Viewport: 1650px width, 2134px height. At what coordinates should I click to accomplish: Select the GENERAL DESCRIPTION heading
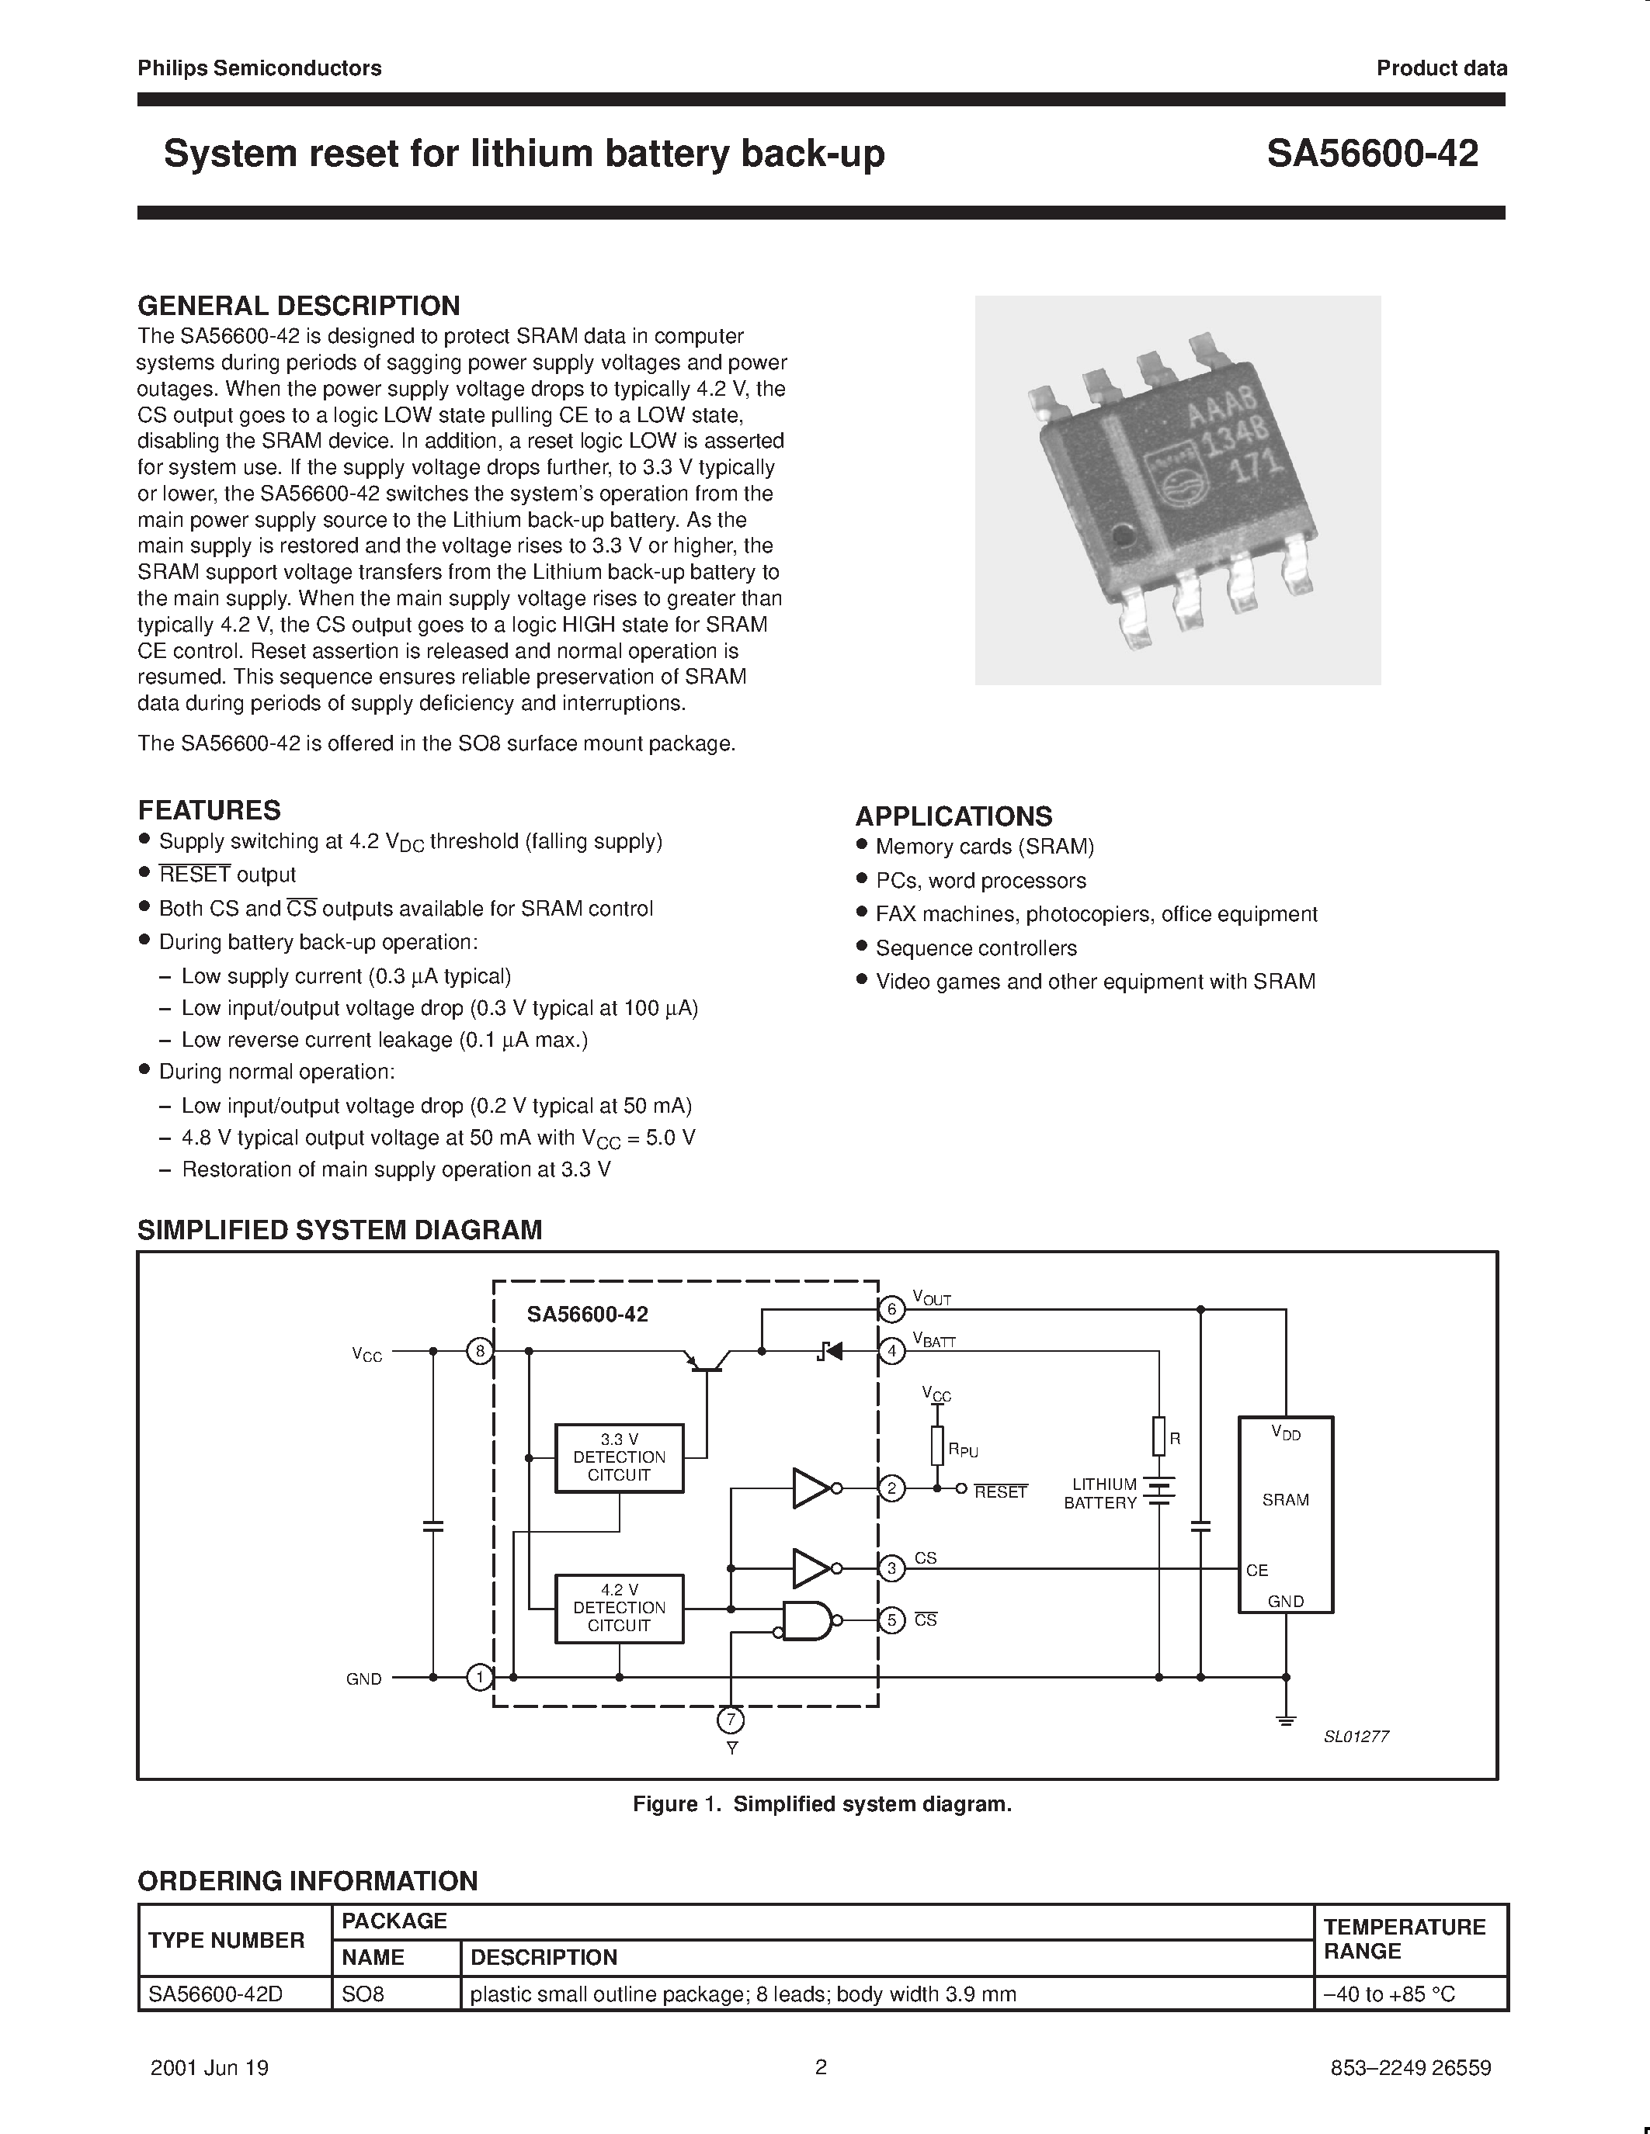(298, 306)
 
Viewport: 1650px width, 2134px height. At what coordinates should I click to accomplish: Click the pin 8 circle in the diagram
(479, 1351)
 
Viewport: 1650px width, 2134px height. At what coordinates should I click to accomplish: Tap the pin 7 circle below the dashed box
(730, 1720)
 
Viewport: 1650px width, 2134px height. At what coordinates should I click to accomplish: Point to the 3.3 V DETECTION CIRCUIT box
(619, 1458)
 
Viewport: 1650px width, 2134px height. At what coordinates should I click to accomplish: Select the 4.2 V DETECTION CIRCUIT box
(619, 1609)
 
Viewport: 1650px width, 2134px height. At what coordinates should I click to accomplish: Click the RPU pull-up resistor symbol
(937, 1445)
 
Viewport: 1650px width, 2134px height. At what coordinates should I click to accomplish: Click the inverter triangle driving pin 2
(811, 1488)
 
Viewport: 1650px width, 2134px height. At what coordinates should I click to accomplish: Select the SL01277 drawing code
(1356, 1737)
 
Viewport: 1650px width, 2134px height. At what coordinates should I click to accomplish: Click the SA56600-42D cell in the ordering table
(215, 1994)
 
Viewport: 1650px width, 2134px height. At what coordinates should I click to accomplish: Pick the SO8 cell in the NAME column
(363, 1994)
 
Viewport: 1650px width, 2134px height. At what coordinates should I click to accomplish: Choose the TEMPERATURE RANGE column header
(1404, 1938)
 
